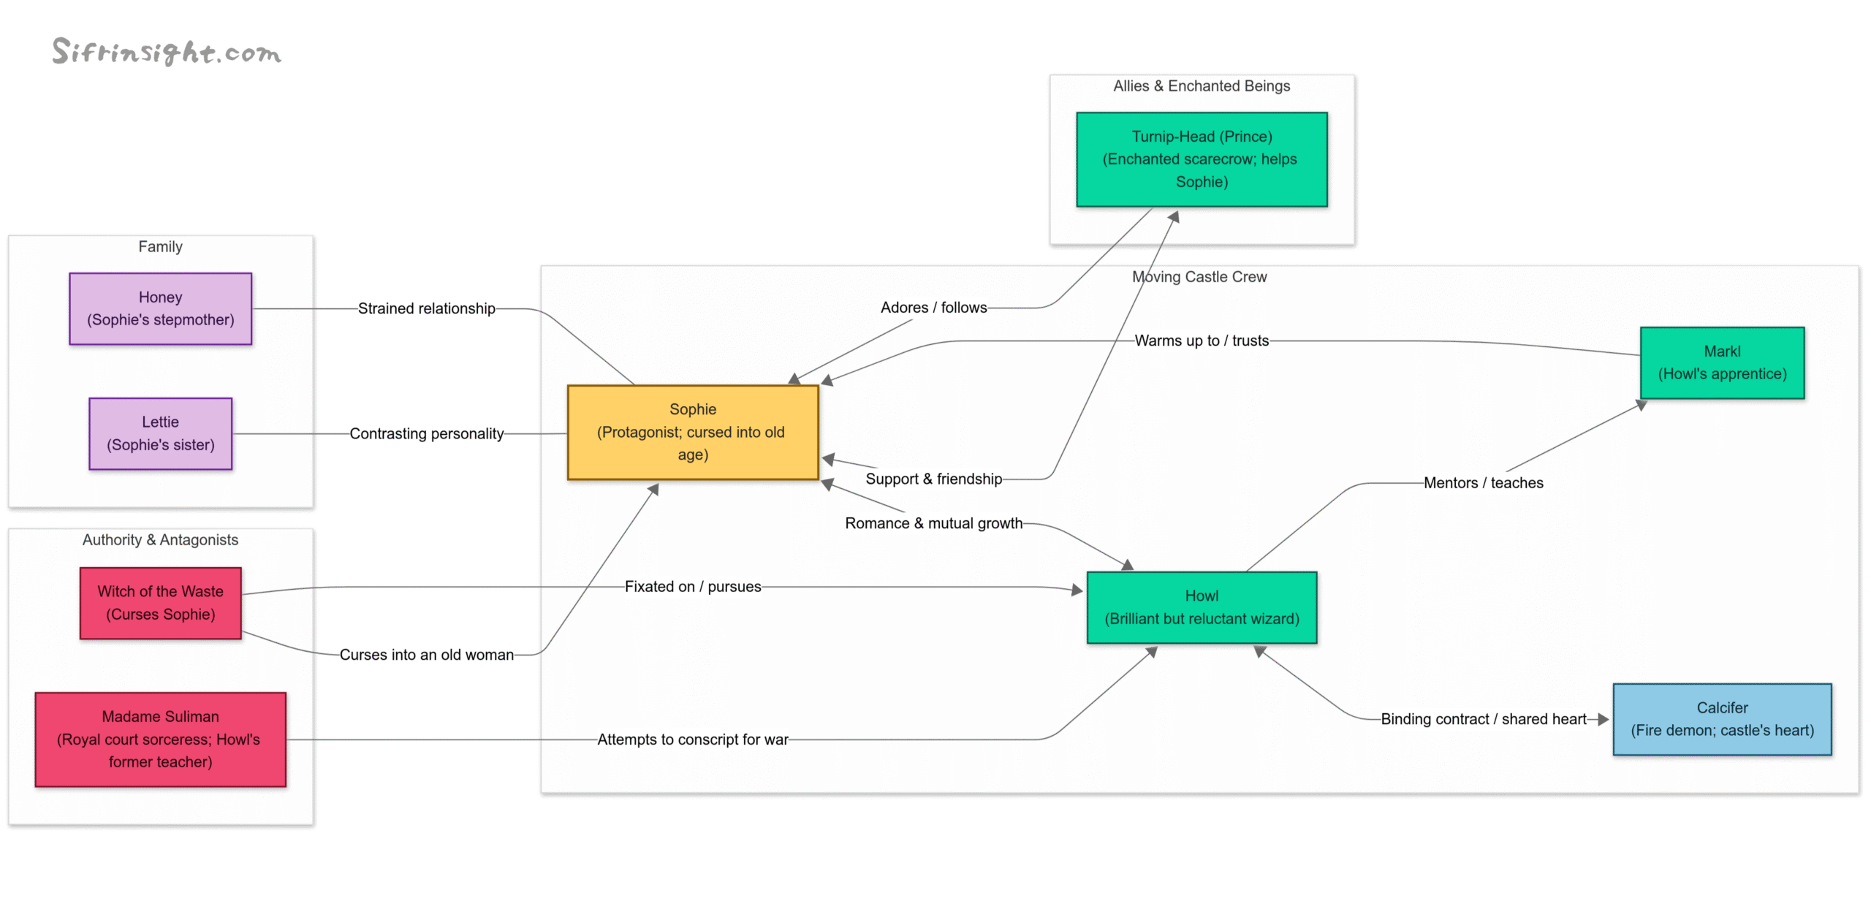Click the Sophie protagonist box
(x=692, y=432)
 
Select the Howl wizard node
(x=1201, y=607)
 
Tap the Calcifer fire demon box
(x=1721, y=719)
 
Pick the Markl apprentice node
(x=1721, y=362)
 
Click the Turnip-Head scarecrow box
(x=1201, y=159)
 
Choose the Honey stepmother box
(x=160, y=308)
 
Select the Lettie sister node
(x=160, y=433)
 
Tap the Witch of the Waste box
(x=160, y=603)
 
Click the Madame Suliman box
(x=160, y=739)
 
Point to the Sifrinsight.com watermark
(x=167, y=52)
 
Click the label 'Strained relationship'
(x=426, y=308)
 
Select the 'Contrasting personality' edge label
(x=426, y=433)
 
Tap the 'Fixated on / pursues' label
(x=692, y=586)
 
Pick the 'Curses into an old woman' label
(x=426, y=655)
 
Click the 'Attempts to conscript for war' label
(x=692, y=739)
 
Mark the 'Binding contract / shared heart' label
(x=1482, y=719)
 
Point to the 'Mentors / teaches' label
(x=1482, y=482)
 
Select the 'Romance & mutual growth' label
(x=933, y=523)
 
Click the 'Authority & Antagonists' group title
(x=160, y=539)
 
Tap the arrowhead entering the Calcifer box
(x=1604, y=719)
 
